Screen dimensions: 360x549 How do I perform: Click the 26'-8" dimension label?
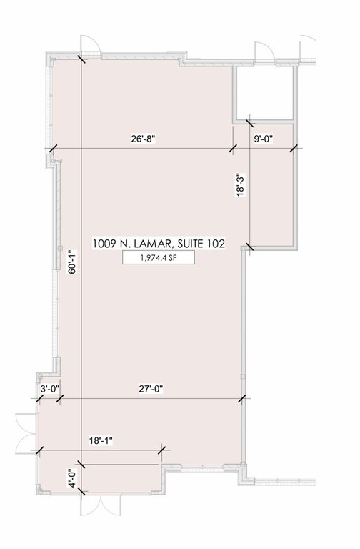click(143, 139)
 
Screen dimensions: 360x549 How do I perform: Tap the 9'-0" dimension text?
click(263, 139)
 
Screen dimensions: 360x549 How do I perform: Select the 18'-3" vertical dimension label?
click(240, 184)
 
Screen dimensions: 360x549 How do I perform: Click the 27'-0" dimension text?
click(151, 389)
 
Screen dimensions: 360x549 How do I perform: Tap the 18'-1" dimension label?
click(101, 441)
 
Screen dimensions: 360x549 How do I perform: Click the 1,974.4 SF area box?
click(158, 258)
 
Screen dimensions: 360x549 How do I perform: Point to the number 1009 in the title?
click(104, 243)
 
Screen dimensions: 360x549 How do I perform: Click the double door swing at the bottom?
click(101, 505)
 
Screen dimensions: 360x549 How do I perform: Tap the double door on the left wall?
click(26, 433)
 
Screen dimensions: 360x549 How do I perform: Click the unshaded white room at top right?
click(264, 93)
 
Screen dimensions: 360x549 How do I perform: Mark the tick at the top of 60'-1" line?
click(81, 59)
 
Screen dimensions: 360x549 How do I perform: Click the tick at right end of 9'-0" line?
click(294, 149)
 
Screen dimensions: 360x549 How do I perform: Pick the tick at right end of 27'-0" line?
click(242, 399)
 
